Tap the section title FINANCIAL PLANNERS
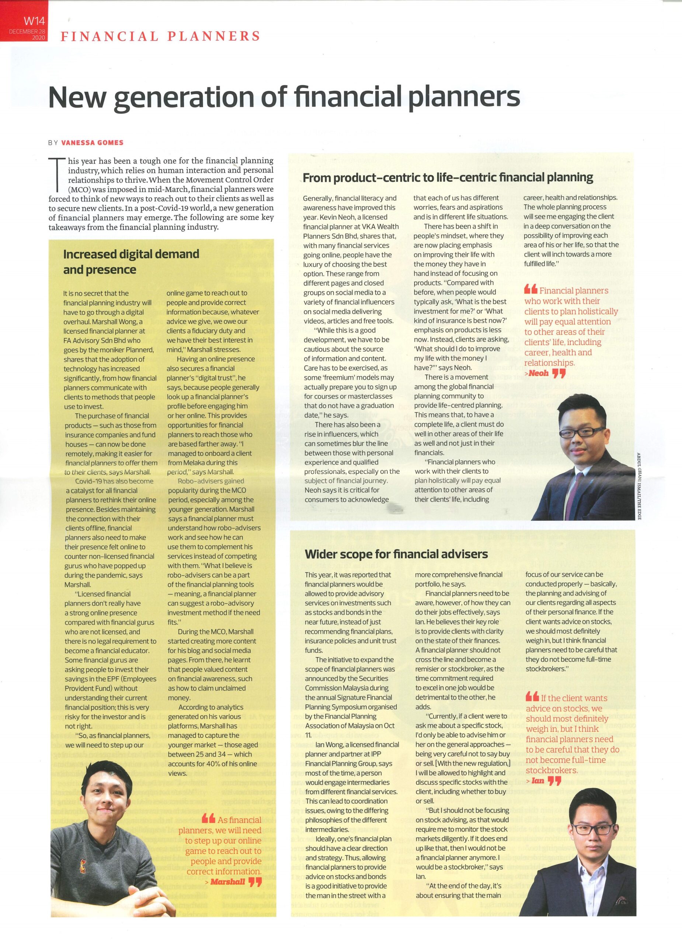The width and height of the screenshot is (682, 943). (160, 36)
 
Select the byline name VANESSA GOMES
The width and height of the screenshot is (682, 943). (93, 143)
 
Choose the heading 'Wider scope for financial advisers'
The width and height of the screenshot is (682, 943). (396, 554)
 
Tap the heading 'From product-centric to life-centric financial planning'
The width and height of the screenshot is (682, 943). (448, 178)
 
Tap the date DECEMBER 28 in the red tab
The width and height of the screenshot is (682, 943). (28, 32)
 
